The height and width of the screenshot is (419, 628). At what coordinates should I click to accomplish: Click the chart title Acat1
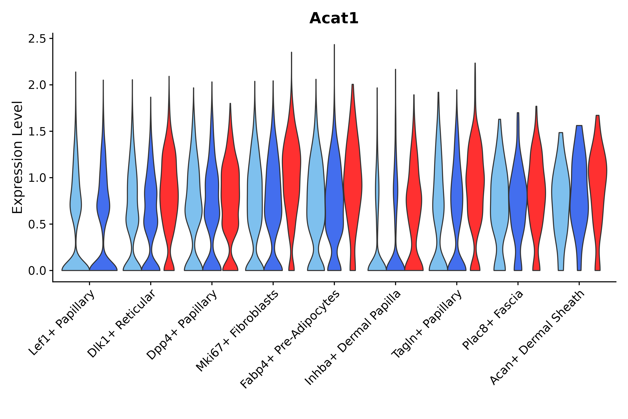pos(334,18)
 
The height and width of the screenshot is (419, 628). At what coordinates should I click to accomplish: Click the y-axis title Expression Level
pos(18,157)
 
